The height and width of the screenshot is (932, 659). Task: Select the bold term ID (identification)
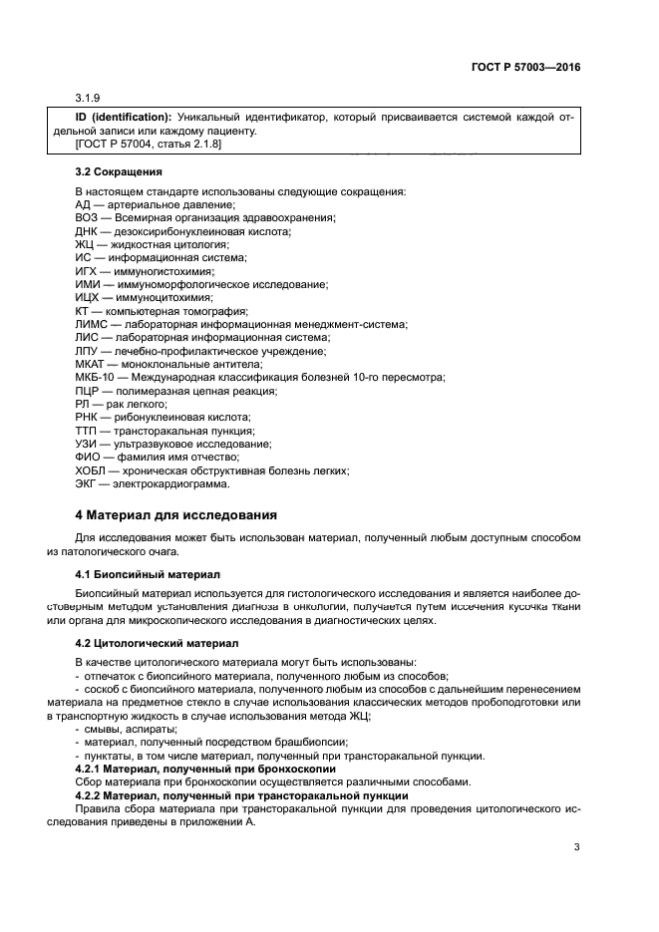coord(123,119)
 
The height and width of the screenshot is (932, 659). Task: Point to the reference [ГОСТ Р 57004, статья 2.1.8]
coord(149,145)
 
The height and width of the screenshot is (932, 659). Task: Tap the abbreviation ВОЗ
coord(87,217)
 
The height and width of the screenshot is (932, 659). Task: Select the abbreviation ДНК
coord(87,231)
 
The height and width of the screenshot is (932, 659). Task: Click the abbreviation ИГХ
coord(87,271)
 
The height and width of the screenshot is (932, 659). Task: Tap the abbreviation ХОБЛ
coord(91,471)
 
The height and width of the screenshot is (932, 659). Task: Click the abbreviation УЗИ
coord(87,445)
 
